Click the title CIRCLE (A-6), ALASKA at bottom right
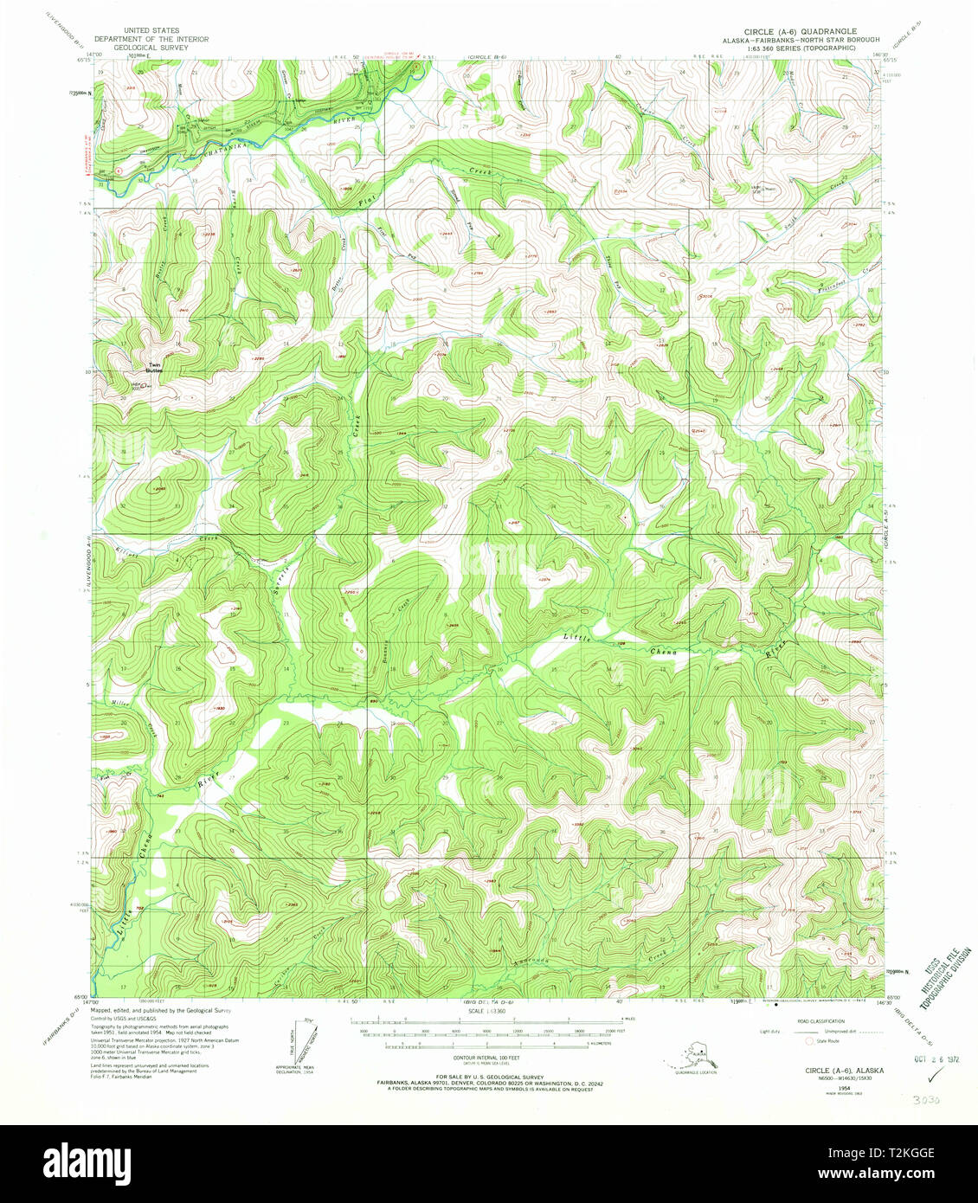tap(832, 1070)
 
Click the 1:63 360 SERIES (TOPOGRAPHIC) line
tap(807, 48)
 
